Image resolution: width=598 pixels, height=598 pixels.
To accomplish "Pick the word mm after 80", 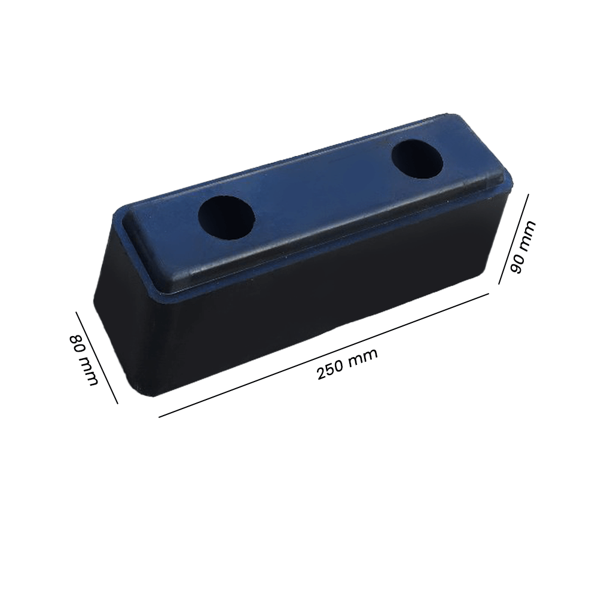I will (87, 371).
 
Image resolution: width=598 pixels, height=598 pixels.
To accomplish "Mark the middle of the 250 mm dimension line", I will (324, 355).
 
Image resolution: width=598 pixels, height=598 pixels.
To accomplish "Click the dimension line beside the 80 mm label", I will (96, 357).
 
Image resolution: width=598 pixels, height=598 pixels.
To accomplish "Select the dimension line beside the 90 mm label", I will (513, 239).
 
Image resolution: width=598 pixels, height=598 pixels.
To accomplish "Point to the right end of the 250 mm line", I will (489, 294).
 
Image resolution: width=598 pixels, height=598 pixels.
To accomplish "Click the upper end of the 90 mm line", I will (527, 194).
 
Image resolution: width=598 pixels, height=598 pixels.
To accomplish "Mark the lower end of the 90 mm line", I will (499, 283).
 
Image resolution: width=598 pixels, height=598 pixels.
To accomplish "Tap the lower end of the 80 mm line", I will (117, 403).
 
